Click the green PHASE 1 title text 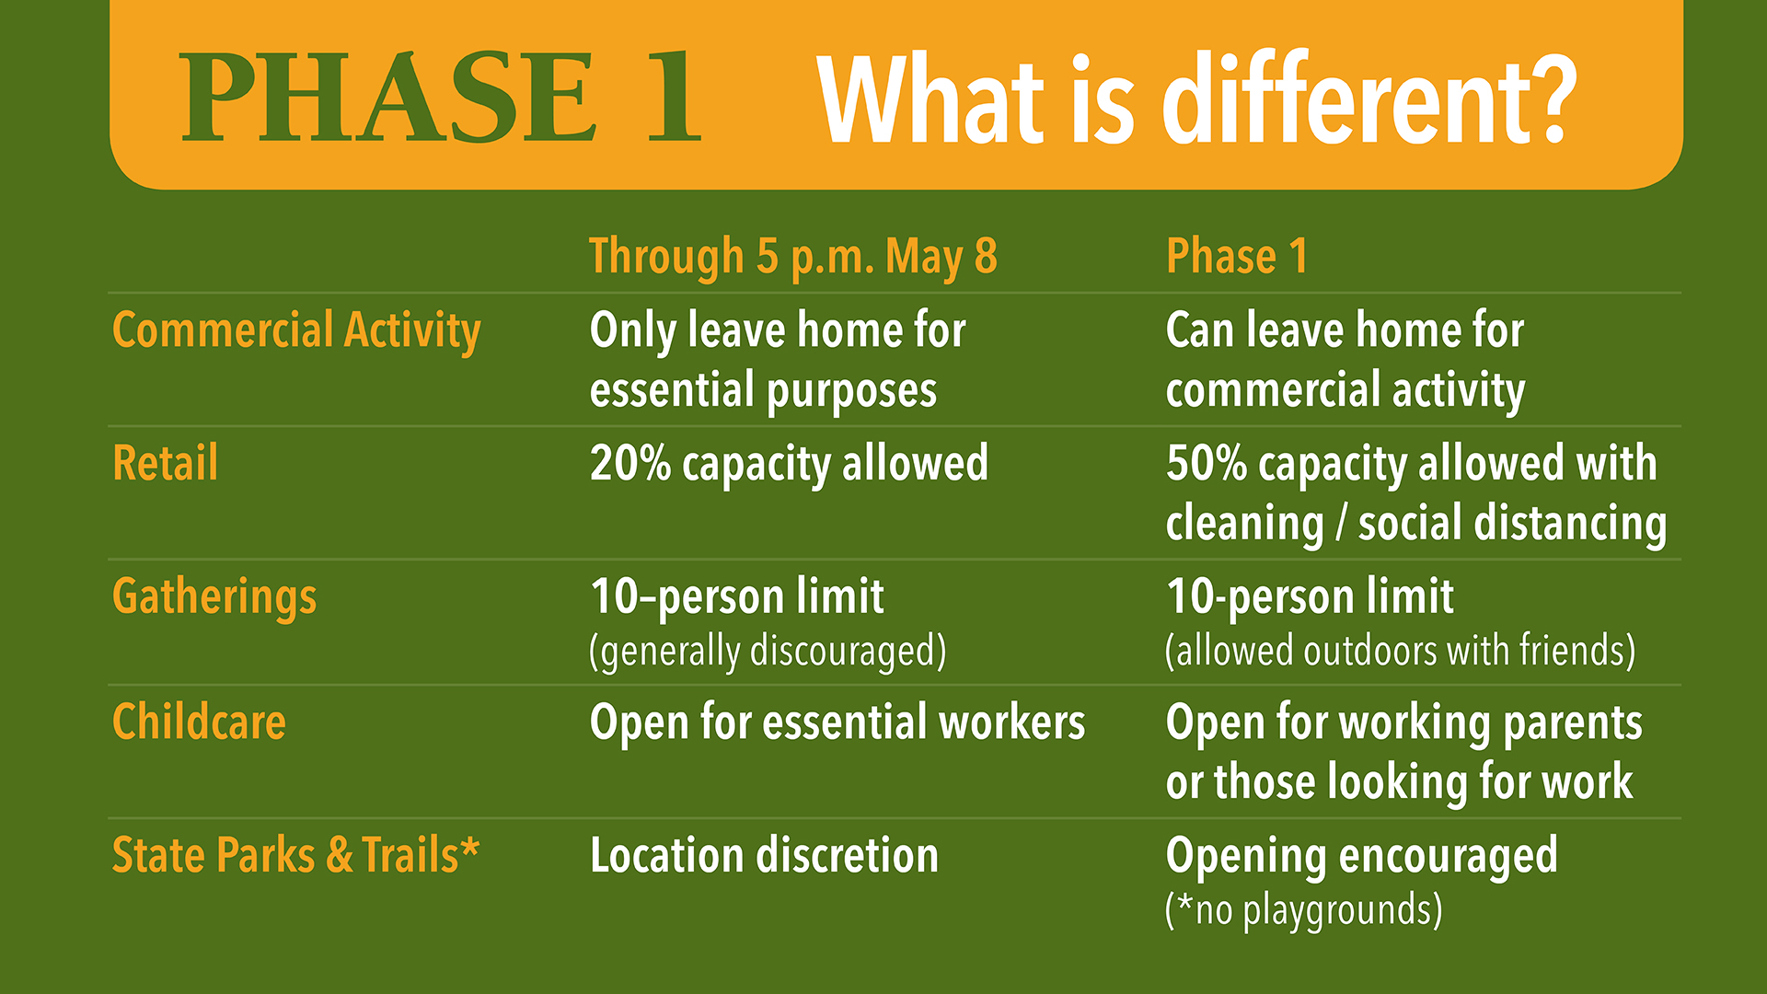coord(441,97)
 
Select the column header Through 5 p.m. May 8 coord(792,257)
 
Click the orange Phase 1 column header coord(1236,256)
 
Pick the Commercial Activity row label coord(296,331)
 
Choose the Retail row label coord(166,463)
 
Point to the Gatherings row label coord(214,597)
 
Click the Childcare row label coord(199,722)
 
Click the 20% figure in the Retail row coord(630,463)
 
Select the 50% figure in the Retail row coord(1207,463)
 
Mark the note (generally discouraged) coord(768,652)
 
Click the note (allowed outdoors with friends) coord(1400,651)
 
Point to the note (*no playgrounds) coord(1303,910)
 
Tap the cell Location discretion coord(764,856)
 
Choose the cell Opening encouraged coord(1361,857)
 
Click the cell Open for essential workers coord(837,722)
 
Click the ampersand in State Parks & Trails coord(340,856)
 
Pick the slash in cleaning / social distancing coord(1341,524)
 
